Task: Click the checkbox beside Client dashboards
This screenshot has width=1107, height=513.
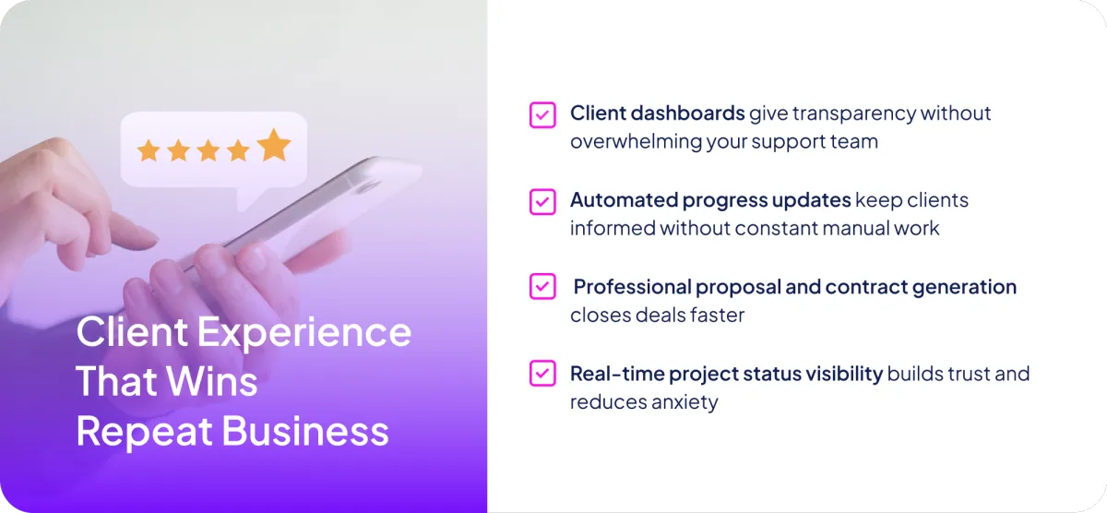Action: pos(542,115)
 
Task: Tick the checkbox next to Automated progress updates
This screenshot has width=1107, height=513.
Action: pos(542,202)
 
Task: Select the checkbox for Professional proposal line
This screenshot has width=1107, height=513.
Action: pos(542,286)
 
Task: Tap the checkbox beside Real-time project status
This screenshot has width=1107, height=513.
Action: pos(542,373)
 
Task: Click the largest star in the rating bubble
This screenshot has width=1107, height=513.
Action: pos(274,145)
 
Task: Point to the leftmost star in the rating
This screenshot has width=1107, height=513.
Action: pos(149,150)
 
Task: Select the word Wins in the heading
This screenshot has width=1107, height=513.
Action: pos(211,381)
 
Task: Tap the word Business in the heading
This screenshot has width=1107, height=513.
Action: pos(305,431)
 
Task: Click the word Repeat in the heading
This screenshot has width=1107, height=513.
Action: pos(144,432)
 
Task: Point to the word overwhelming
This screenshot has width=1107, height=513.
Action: pos(636,142)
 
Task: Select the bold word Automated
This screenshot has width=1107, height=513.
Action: pos(625,200)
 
